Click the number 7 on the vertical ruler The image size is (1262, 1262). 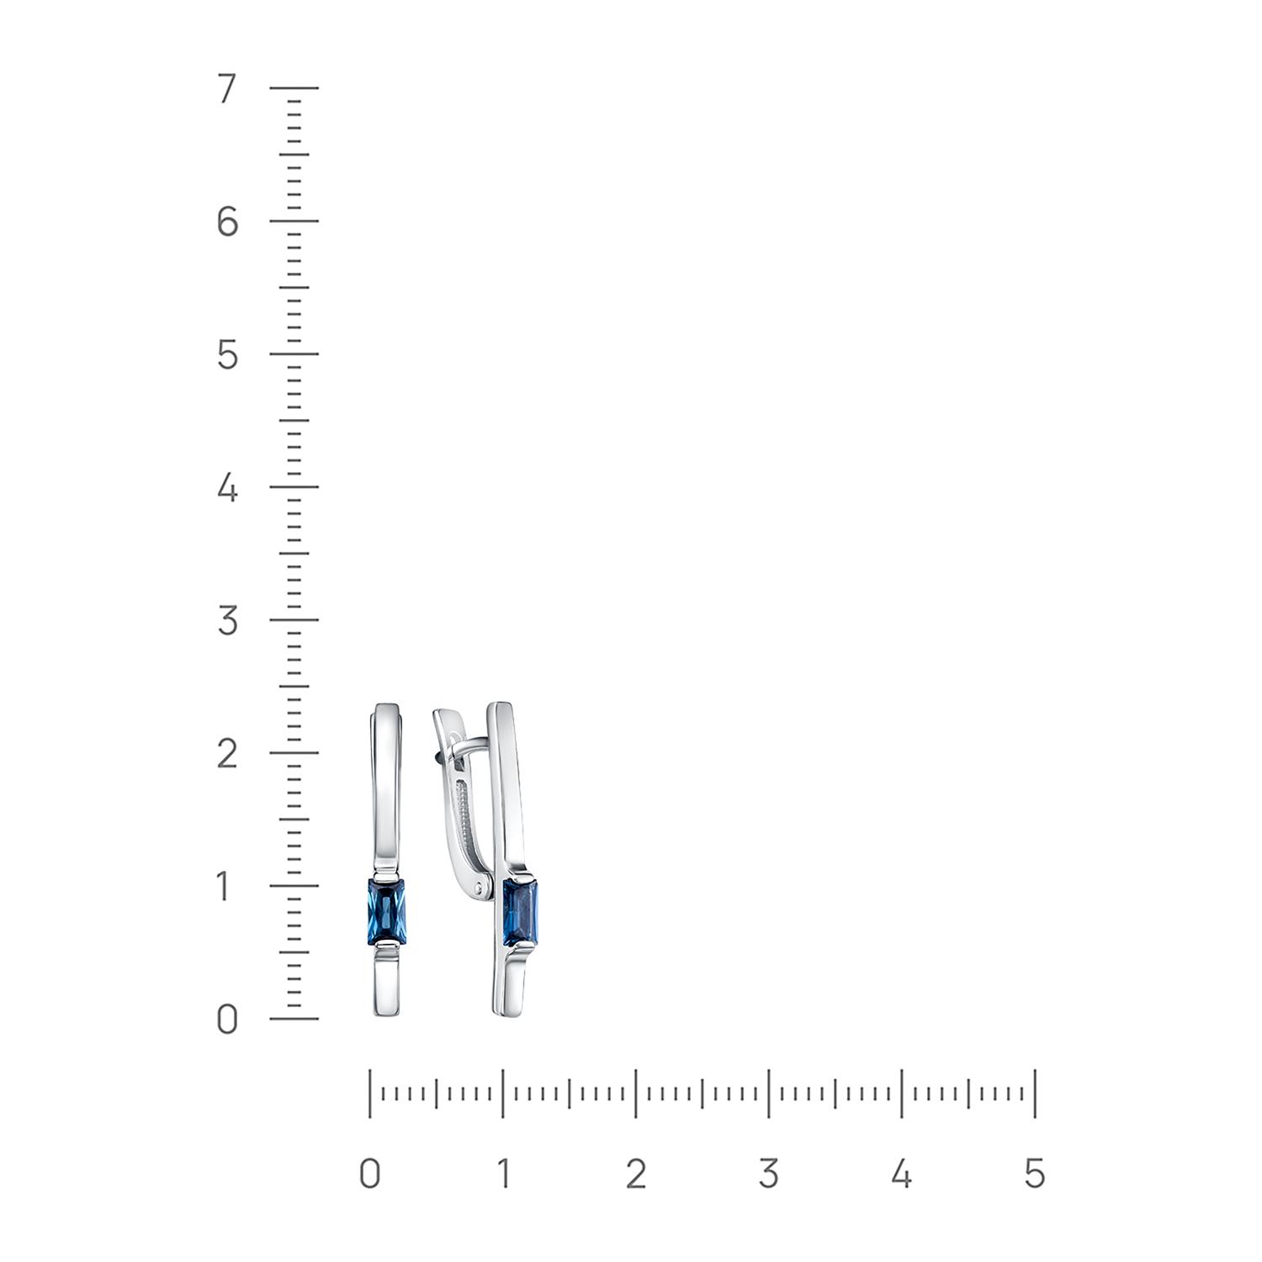point(227,89)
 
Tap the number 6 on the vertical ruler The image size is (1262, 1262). point(227,222)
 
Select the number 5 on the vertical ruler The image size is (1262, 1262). point(227,355)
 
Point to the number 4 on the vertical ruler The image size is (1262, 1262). point(227,488)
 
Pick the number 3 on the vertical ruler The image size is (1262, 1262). point(227,621)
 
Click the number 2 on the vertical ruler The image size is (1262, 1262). point(227,754)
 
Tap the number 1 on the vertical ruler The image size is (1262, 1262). point(225,887)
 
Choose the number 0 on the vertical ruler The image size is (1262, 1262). point(227,1020)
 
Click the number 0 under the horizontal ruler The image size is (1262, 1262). point(369,1173)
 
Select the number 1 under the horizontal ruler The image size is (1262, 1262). point(502,1173)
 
